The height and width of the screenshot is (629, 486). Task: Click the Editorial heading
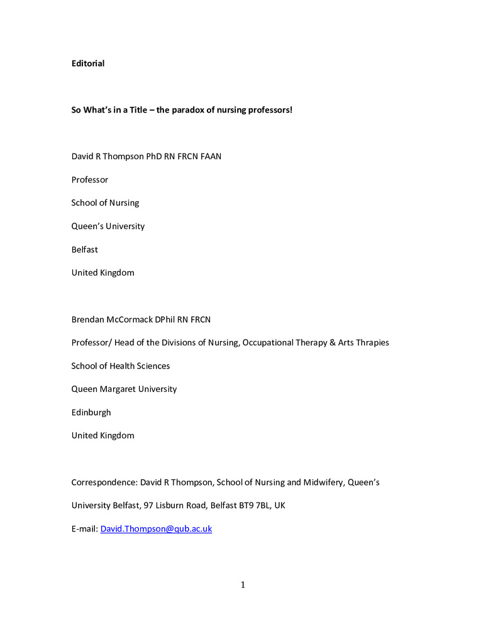pyautogui.click(x=88, y=64)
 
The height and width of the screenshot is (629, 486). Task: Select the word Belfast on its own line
pyautogui.click(x=85, y=250)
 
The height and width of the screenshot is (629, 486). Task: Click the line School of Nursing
pyautogui.click(x=105, y=203)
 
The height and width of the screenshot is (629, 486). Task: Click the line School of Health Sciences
pyautogui.click(x=121, y=366)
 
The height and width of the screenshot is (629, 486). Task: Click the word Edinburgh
pyautogui.click(x=91, y=413)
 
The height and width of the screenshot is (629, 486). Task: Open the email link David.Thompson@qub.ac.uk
pyautogui.click(x=156, y=529)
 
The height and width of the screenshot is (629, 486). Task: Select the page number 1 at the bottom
pyautogui.click(x=243, y=586)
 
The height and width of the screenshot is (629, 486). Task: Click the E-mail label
pyautogui.click(x=84, y=529)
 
